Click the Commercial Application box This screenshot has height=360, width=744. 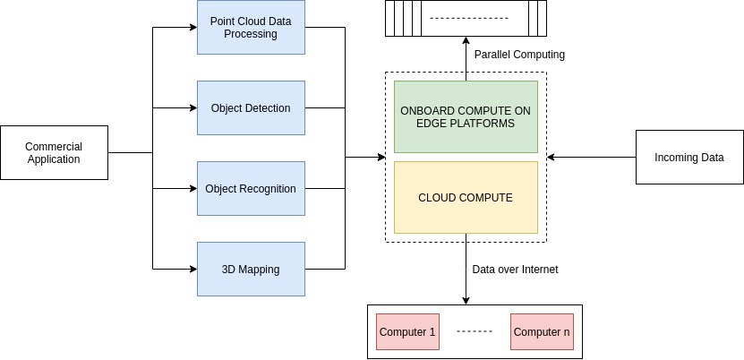tap(54, 153)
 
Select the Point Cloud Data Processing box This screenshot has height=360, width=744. tap(251, 27)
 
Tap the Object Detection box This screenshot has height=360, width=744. tap(251, 108)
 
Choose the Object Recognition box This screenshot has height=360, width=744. tap(251, 189)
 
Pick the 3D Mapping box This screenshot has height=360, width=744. tap(251, 269)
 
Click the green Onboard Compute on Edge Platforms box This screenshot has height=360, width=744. tap(466, 116)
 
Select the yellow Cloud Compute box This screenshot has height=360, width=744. tap(466, 197)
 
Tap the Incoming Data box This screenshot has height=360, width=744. tap(688, 158)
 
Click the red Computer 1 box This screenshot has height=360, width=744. tap(407, 332)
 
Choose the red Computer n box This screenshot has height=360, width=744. tap(542, 332)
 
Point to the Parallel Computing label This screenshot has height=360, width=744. tap(519, 55)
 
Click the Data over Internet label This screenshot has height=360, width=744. tap(515, 269)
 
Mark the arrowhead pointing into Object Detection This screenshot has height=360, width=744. tap(192, 108)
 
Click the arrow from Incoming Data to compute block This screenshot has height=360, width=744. tap(591, 158)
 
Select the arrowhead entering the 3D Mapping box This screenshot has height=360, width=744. tap(192, 269)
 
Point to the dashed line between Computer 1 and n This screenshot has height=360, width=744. tap(475, 332)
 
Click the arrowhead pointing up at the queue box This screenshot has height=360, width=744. tap(466, 40)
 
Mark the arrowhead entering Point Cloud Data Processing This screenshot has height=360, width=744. tap(192, 27)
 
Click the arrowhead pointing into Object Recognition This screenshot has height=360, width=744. tap(192, 189)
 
